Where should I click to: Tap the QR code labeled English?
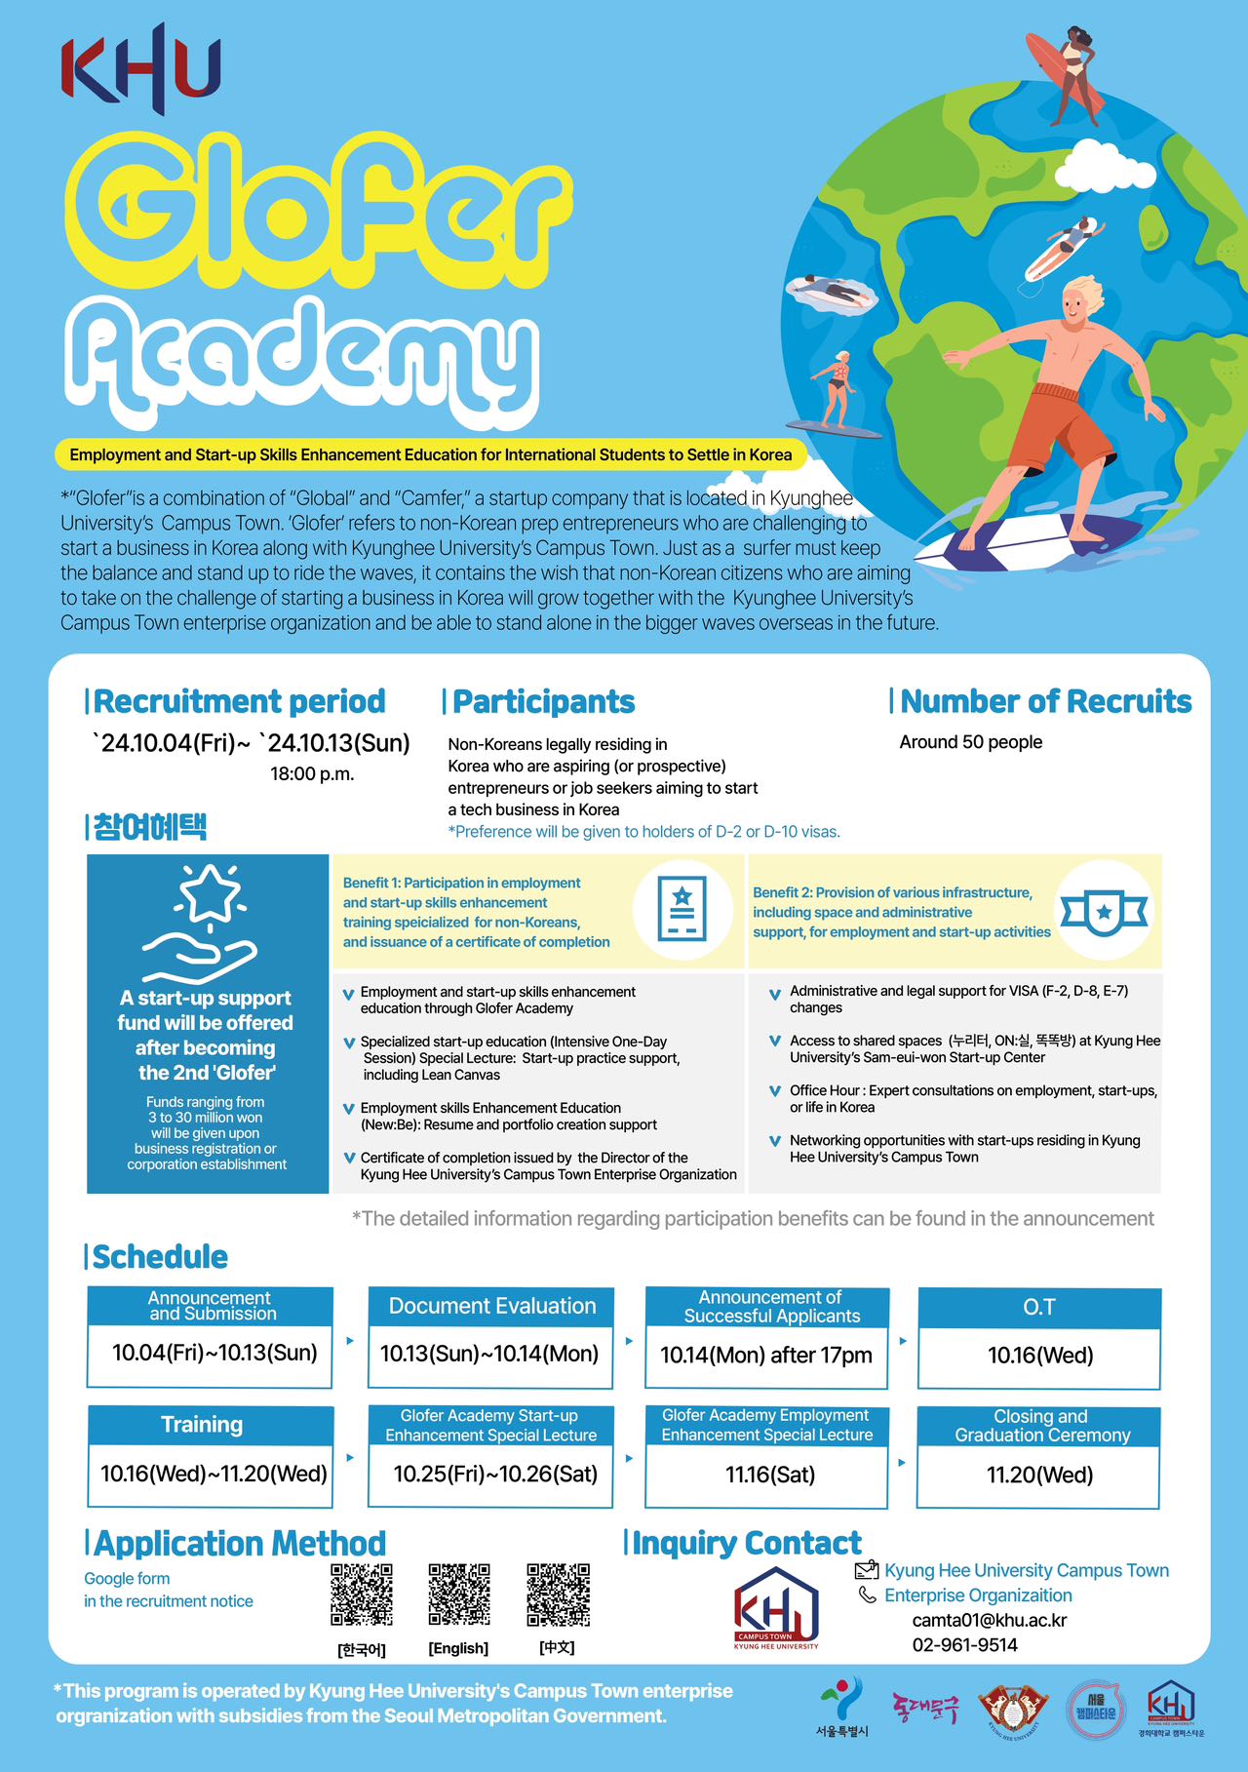point(458,1595)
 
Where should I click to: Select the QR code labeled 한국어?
point(362,1595)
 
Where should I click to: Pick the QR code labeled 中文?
point(558,1595)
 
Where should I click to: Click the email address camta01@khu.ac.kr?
point(989,1620)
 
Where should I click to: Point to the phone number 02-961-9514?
point(964,1645)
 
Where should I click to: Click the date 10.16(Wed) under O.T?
point(1039,1356)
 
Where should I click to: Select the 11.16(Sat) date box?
point(769,1475)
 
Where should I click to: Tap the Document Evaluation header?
point(491,1307)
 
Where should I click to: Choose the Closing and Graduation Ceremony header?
point(1041,1426)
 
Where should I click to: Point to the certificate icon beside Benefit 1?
point(682,909)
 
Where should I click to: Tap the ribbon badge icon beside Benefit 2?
point(1103,911)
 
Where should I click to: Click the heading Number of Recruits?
point(1045,701)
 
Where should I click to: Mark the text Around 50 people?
point(970,742)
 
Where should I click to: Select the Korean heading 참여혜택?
point(149,827)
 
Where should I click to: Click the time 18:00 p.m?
point(312,774)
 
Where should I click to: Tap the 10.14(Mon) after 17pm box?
point(765,1356)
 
